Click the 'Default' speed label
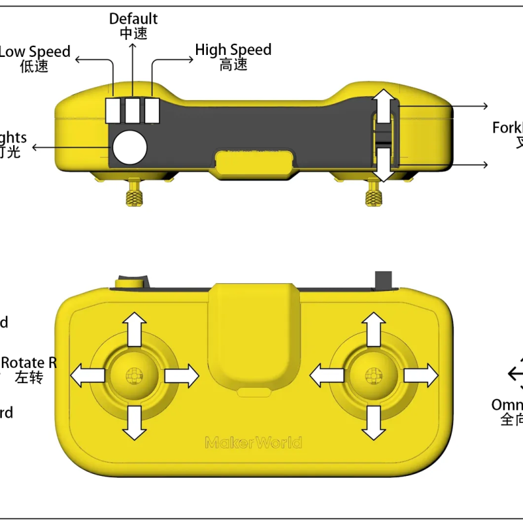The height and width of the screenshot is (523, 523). coord(133,19)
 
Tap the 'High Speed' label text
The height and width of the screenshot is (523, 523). coord(233,50)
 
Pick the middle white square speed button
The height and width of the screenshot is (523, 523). coord(133,110)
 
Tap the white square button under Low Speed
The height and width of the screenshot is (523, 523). coord(114,110)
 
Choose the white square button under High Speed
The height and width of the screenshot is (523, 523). coord(153,110)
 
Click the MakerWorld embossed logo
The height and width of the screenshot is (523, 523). coord(254,443)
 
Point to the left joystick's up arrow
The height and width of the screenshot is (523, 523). coord(135,329)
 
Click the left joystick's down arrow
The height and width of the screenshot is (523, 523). coord(135,422)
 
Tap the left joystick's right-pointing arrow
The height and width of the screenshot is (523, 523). coord(182,376)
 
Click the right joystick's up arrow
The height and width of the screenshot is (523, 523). coord(374,329)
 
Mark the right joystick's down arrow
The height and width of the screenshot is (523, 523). coord(374,422)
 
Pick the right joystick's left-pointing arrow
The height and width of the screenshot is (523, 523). coord(326,376)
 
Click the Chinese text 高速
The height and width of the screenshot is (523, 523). coord(233,65)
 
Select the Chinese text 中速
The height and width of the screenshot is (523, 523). coord(133,34)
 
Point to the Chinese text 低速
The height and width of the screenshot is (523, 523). coord(34,66)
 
